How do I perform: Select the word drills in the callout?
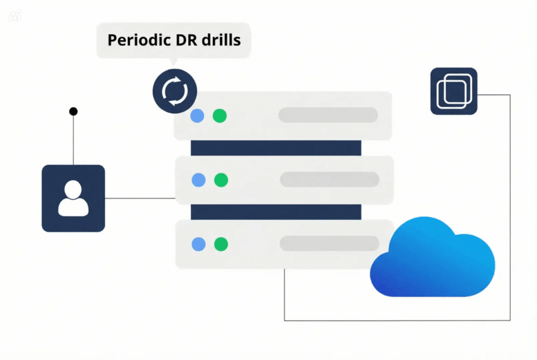coord(222,40)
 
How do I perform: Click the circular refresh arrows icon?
coord(175,91)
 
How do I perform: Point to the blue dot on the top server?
coord(197,116)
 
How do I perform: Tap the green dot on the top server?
coord(220,116)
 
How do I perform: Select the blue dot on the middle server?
coord(198,180)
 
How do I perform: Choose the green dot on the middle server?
coord(221,180)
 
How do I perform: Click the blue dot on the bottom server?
coord(198,244)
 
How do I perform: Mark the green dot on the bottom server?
coord(221,244)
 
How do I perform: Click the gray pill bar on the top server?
coord(328,115)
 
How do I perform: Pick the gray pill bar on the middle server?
coord(329,179)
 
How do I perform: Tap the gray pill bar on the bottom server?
coord(329,243)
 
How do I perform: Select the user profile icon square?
coord(73,198)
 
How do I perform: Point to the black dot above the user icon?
coord(73,111)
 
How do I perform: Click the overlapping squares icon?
coord(454,91)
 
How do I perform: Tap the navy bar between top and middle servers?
coord(276,148)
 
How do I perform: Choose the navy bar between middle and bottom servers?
coord(276,212)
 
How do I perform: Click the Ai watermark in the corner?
coord(14,16)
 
